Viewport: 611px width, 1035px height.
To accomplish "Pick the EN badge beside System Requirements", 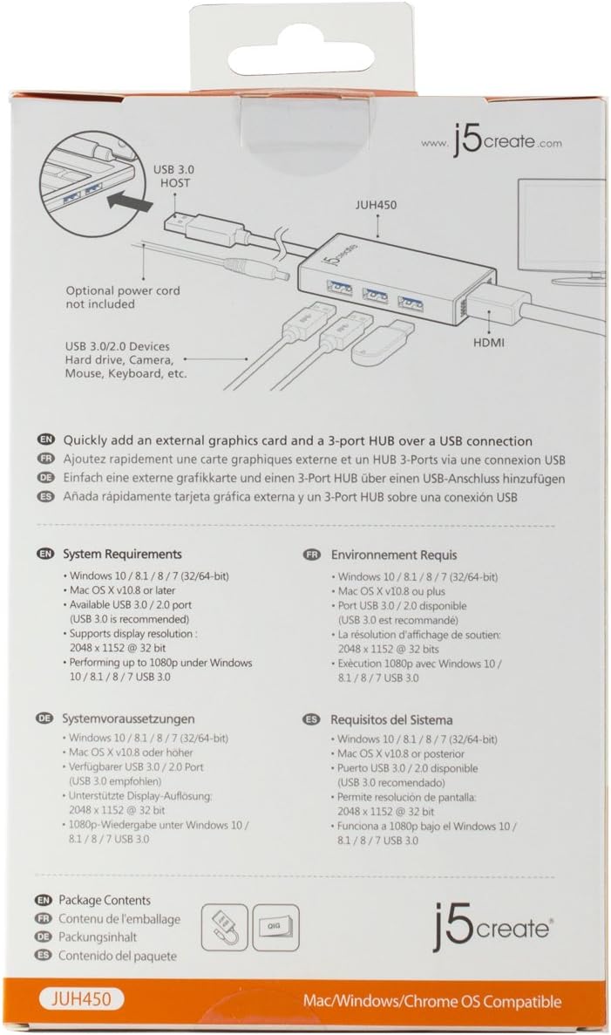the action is pos(45,554).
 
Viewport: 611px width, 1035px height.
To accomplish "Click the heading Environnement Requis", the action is pos(393,555).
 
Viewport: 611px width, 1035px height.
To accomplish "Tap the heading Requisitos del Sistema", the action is pos(391,719).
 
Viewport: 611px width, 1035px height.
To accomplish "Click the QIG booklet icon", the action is pos(275,929).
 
